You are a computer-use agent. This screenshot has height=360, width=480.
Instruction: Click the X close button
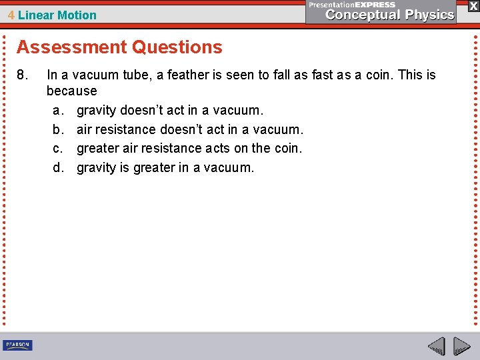(473, 5)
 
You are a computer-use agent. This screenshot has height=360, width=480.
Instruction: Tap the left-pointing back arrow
(437, 346)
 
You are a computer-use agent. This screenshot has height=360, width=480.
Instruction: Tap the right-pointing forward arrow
(461, 346)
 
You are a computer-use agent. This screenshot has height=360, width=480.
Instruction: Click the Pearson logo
(18, 345)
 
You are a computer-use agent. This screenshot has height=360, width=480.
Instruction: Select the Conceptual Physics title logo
(391, 15)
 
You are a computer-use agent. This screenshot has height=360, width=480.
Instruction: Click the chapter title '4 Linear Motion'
(52, 15)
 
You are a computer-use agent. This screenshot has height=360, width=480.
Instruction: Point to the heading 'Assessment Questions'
(119, 47)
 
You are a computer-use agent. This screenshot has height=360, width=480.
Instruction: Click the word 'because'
(71, 91)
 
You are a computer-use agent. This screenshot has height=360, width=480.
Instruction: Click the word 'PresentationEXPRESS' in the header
(352, 5)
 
